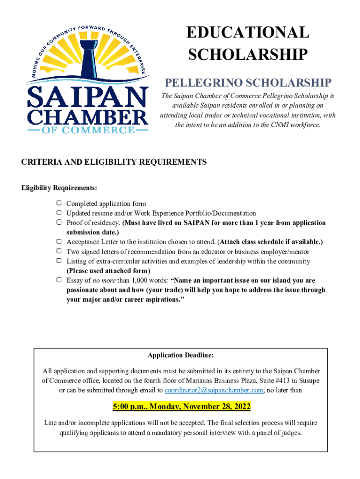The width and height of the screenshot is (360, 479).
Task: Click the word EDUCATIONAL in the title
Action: click(x=248, y=33)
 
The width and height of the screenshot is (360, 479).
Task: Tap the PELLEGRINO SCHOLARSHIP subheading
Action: click(x=248, y=83)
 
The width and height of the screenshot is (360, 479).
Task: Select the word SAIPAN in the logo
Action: click(x=87, y=98)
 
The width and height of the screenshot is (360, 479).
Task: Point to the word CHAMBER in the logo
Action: click(x=87, y=116)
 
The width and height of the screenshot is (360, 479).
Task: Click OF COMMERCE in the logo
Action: click(x=87, y=130)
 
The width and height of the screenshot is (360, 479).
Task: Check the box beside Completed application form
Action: click(x=59, y=203)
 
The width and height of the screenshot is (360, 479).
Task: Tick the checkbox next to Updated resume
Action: click(x=59, y=213)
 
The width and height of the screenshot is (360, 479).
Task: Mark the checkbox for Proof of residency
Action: click(x=59, y=223)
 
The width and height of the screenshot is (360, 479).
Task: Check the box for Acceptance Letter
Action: click(x=59, y=242)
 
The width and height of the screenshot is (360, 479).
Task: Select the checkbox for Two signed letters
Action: click(x=59, y=252)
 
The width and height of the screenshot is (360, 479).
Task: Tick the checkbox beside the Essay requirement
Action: click(x=59, y=280)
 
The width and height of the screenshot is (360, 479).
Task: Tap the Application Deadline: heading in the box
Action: click(x=180, y=356)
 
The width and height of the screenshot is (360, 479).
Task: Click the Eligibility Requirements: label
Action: click(x=59, y=188)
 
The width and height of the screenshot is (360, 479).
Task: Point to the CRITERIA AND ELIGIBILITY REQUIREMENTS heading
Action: click(x=114, y=162)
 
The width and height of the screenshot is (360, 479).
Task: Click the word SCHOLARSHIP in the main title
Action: click(x=248, y=55)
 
